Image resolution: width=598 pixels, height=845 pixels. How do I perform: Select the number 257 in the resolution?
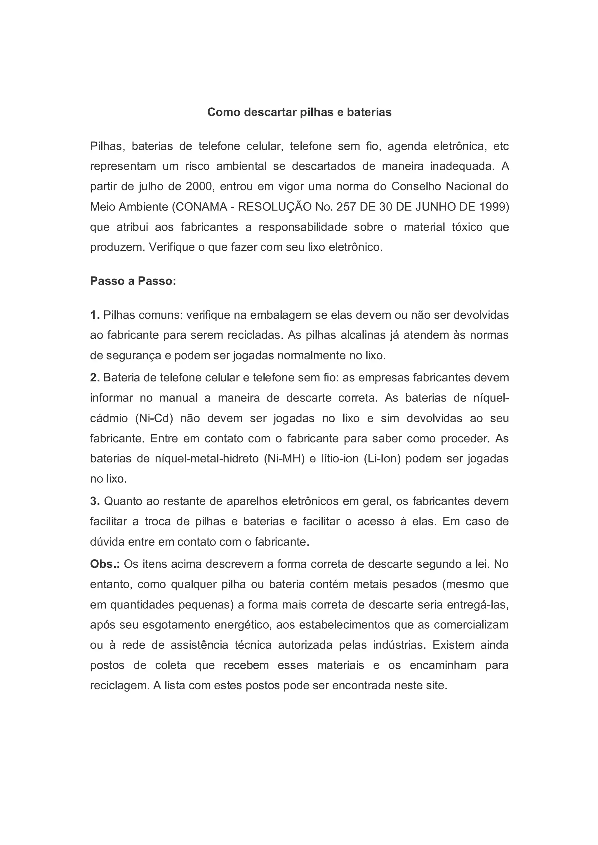pos(345,207)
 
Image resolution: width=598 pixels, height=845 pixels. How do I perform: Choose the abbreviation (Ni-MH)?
pos(284,459)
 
